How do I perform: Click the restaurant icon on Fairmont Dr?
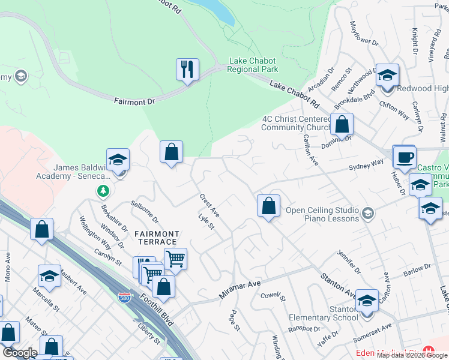coord(187,70)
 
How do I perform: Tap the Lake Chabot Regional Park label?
coord(253,65)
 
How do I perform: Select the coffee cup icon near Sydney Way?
coord(404,157)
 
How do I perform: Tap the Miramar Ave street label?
coord(239,286)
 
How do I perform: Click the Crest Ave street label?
coord(210,206)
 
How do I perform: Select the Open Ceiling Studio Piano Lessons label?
coord(322,214)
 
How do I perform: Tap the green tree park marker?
coord(104,191)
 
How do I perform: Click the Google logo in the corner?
coord(19,353)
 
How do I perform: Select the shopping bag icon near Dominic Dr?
coord(342,125)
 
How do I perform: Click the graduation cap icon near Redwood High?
coord(387,75)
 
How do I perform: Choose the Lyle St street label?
coord(206,222)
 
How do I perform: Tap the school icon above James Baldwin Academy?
coord(118,160)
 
